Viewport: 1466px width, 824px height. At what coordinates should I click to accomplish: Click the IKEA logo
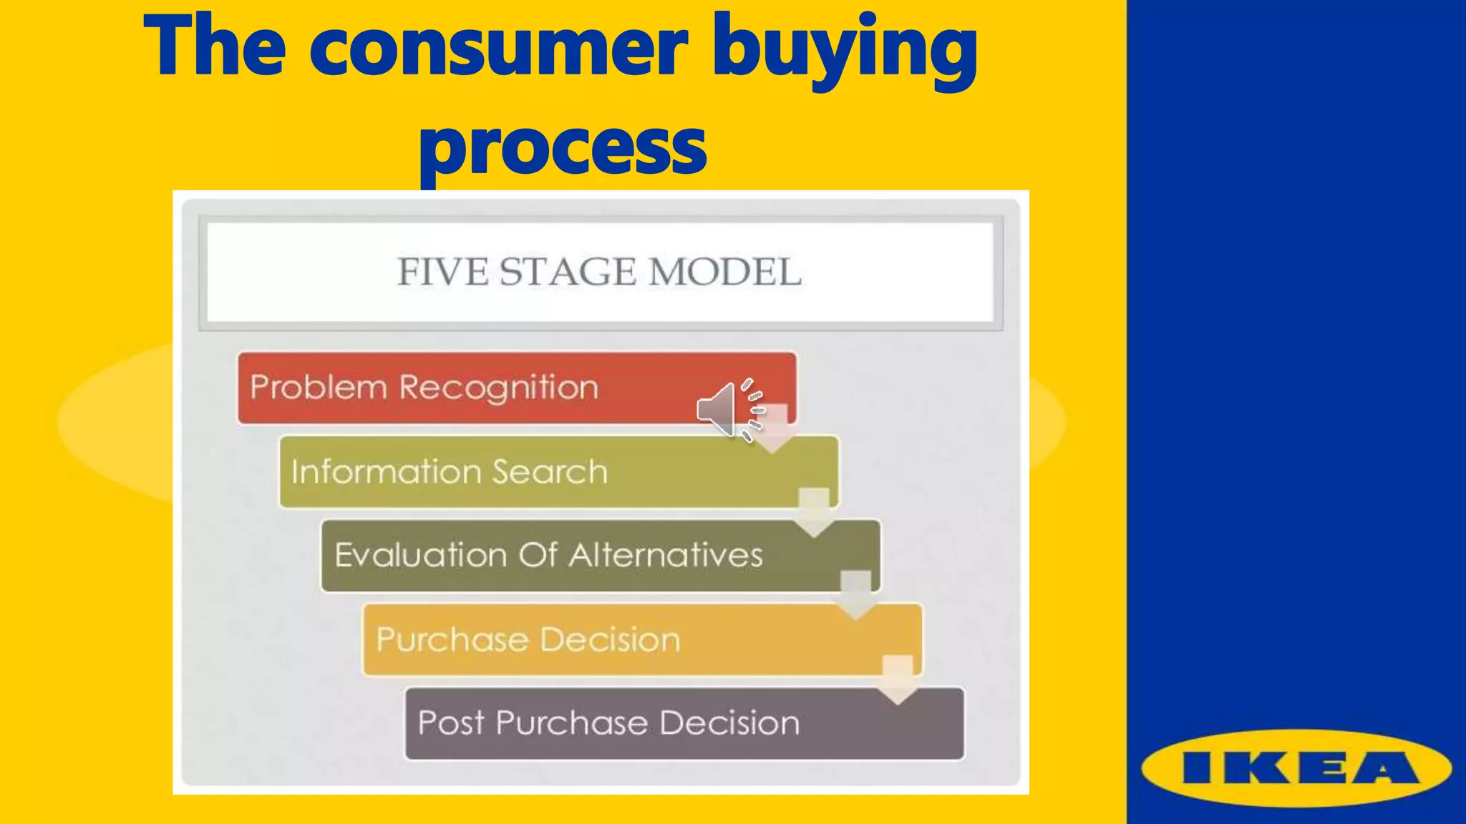tap(1296, 769)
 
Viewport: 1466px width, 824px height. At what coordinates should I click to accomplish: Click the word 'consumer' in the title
tap(498, 47)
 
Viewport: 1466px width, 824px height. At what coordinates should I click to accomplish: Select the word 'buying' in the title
tap(845, 47)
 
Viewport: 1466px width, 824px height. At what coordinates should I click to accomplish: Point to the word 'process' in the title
tap(563, 147)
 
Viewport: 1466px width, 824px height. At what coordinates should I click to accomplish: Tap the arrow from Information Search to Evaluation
tap(814, 512)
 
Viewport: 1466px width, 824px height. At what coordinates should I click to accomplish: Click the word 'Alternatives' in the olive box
tap(666, 556)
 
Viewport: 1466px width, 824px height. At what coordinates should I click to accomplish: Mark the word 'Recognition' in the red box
tap(498, 388)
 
